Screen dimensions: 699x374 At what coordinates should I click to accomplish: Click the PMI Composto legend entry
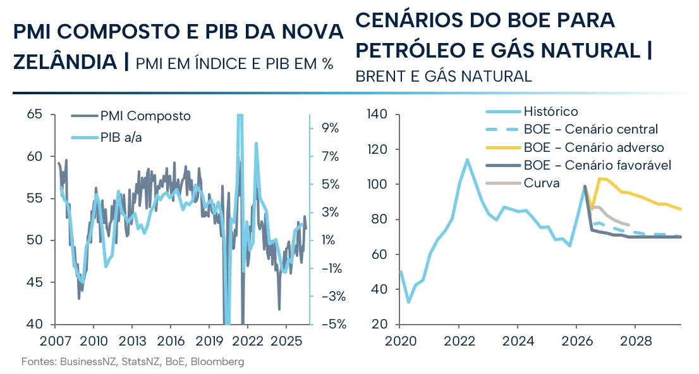pos(131,116)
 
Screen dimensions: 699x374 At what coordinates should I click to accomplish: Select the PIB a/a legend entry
pos(107,137)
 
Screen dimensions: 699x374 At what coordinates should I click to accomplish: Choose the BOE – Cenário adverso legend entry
pos(575,147)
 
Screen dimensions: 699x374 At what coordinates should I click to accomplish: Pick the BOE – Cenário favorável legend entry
pos(579,165)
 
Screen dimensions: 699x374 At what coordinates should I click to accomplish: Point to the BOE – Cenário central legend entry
pos(572,130)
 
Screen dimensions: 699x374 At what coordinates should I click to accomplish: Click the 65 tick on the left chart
pos(34,115)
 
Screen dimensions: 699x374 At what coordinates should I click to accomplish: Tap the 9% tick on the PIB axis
pos(331,128)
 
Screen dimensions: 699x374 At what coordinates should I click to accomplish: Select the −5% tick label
pos(331,324)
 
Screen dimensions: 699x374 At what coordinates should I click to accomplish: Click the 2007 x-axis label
pos(55,342)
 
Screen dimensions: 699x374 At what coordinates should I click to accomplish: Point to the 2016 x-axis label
pos(171,342)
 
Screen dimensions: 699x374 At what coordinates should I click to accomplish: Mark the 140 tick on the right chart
pos(377,115)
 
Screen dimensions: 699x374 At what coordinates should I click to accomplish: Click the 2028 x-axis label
pos(636,342)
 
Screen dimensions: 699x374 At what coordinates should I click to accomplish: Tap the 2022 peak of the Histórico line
pos(467,159)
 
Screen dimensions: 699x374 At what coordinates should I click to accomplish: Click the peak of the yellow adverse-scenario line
pos(600,179)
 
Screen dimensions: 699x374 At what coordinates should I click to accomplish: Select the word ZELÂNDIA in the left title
pos(65,61)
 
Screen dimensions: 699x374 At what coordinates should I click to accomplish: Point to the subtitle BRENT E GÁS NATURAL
pos(444,77)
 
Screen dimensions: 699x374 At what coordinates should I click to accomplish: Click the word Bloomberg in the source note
pos(217,361)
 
